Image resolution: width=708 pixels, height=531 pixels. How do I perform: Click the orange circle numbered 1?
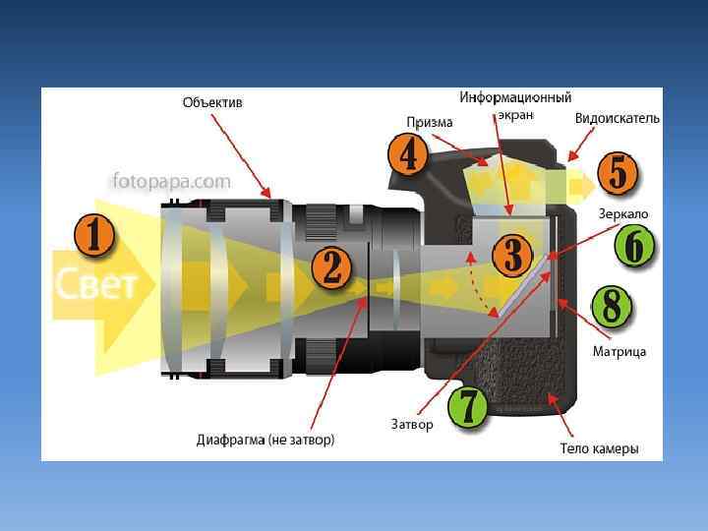coord(94,236)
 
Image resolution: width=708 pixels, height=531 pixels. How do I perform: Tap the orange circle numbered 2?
coord(332,267)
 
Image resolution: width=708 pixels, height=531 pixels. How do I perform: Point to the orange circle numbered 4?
coord(407,155)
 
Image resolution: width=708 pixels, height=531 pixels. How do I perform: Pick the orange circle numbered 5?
coord(618,174)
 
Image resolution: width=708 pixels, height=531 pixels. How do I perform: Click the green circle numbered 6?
coord(634,246)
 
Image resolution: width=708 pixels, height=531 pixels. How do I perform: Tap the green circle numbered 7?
coord(468,406)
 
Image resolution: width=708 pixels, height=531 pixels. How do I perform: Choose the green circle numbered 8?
coord(612,307)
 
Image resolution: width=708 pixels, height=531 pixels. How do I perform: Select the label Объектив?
coord(212,102)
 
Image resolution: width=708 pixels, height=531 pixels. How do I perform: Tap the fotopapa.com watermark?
coord(172,181)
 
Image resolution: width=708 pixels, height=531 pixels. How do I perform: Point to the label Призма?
coord(430,123)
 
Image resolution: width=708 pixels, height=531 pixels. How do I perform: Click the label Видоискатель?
coord(618,118)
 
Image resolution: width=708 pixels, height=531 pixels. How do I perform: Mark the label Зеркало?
coord(623,213)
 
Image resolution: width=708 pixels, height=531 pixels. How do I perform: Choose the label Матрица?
coord(619,351)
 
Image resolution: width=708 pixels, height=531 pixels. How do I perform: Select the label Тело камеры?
coord(599,448)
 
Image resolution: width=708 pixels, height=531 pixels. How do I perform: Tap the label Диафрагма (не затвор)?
coord(265,440)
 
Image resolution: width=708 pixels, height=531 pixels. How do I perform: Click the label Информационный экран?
coord(515,106)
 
